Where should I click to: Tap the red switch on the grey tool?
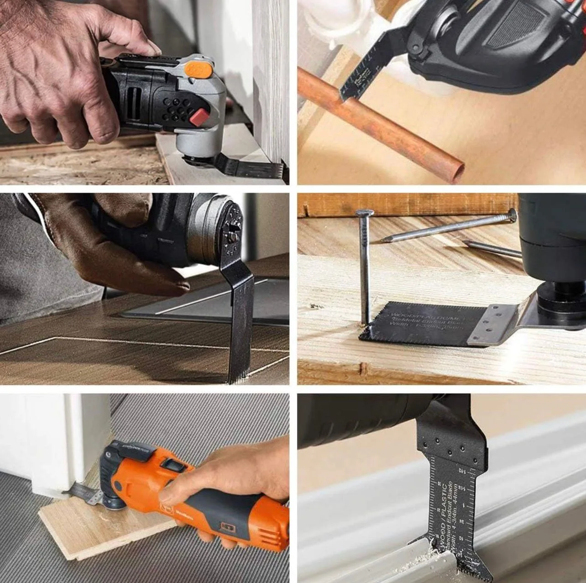tap(200, 118)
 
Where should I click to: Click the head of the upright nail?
tap(364, 213)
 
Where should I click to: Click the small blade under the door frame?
tap(84, 494)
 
